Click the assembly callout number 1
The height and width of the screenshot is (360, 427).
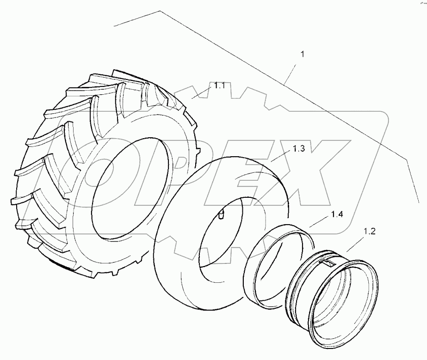click(x=303, y=55)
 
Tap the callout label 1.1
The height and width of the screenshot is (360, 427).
click(x=219, y=85)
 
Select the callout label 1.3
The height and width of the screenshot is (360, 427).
click(x=299, y=149)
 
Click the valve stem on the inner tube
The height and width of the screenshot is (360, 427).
click(x=222, y=214)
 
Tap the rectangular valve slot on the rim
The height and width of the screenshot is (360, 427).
click(x=326, y=263)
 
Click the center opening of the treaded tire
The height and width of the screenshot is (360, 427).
click(x=123, y=189)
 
